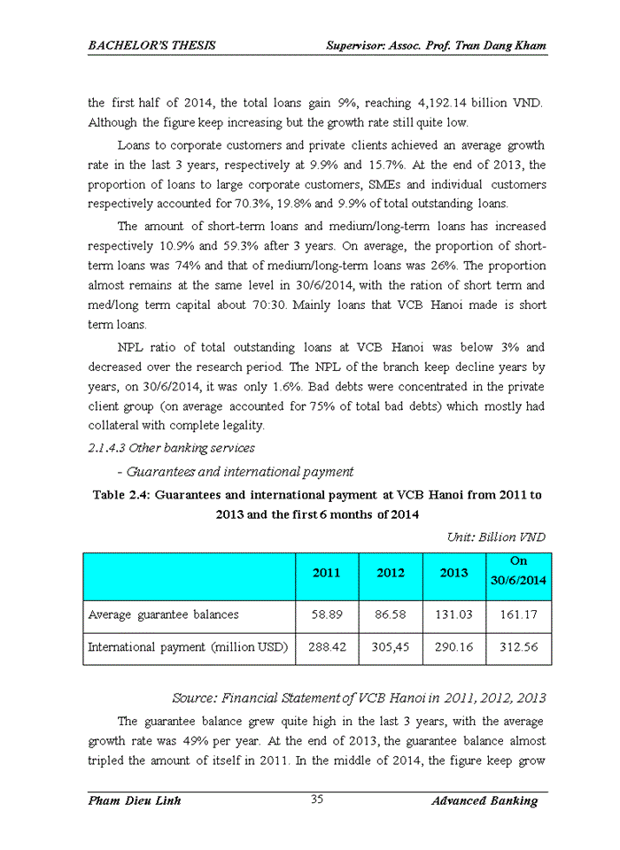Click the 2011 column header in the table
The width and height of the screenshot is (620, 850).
tap(327, 573)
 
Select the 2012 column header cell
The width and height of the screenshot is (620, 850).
tap(391, 573)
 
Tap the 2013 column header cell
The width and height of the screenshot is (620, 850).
tap(454, 573)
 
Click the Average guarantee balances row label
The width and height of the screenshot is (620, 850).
tap(163, 614)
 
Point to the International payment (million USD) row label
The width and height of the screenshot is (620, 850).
tap(188, 647)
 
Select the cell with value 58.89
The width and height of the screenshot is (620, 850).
tap(327, 614)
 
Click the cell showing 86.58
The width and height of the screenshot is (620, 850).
tap(391, 614)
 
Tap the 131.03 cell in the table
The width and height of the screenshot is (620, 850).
tap(454, 614)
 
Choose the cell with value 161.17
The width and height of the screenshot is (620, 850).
tap(519, 614)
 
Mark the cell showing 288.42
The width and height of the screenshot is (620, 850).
tap(327, 647)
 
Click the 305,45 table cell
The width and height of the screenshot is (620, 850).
tap(391, 647)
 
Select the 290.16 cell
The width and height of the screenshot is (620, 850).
tap(454, 647)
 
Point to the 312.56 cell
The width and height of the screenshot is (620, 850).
tap(519, 647)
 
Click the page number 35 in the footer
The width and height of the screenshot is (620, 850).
tap(317, 800)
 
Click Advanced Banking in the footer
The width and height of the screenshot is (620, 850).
tap(484, 800)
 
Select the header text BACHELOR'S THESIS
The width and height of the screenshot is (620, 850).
tap(151, 44)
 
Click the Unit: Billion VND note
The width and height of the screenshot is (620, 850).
tap(497, 537)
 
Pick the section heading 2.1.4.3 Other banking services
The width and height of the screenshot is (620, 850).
tap(172, 448)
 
